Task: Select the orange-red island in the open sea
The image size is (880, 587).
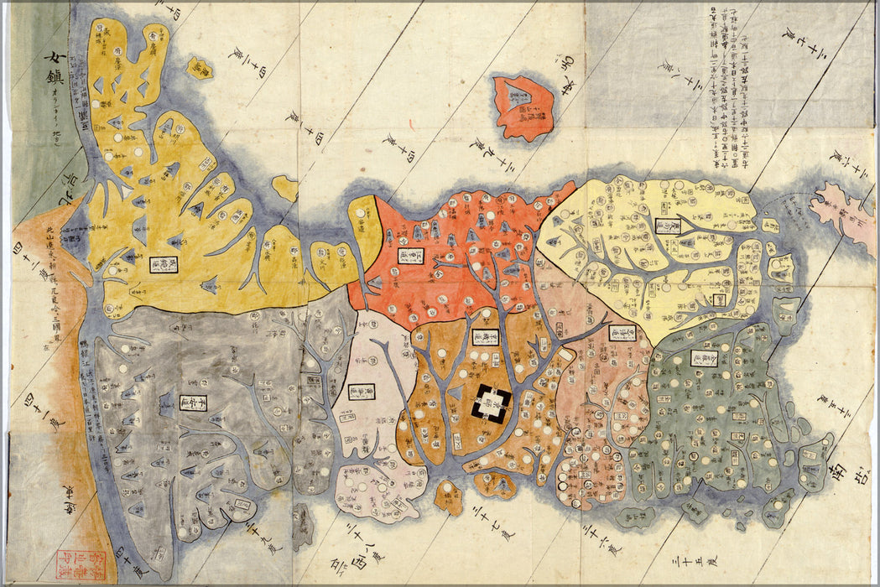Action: pyautogui.click(x=523, y=107)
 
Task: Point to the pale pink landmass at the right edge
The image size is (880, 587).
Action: pyautogui.click(x=844, y=216)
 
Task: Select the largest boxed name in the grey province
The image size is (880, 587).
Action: pyautogui.click(x=194, y=403)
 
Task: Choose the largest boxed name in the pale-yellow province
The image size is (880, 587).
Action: pyautogui.click(x=668, y=226)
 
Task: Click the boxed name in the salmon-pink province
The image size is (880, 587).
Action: pyautogui.click(x=622, y=333)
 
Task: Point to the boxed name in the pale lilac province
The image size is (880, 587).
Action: pyautogui.click(x=362, y=392)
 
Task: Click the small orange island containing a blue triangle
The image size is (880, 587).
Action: pyautogui.click(x=495, y=484)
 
